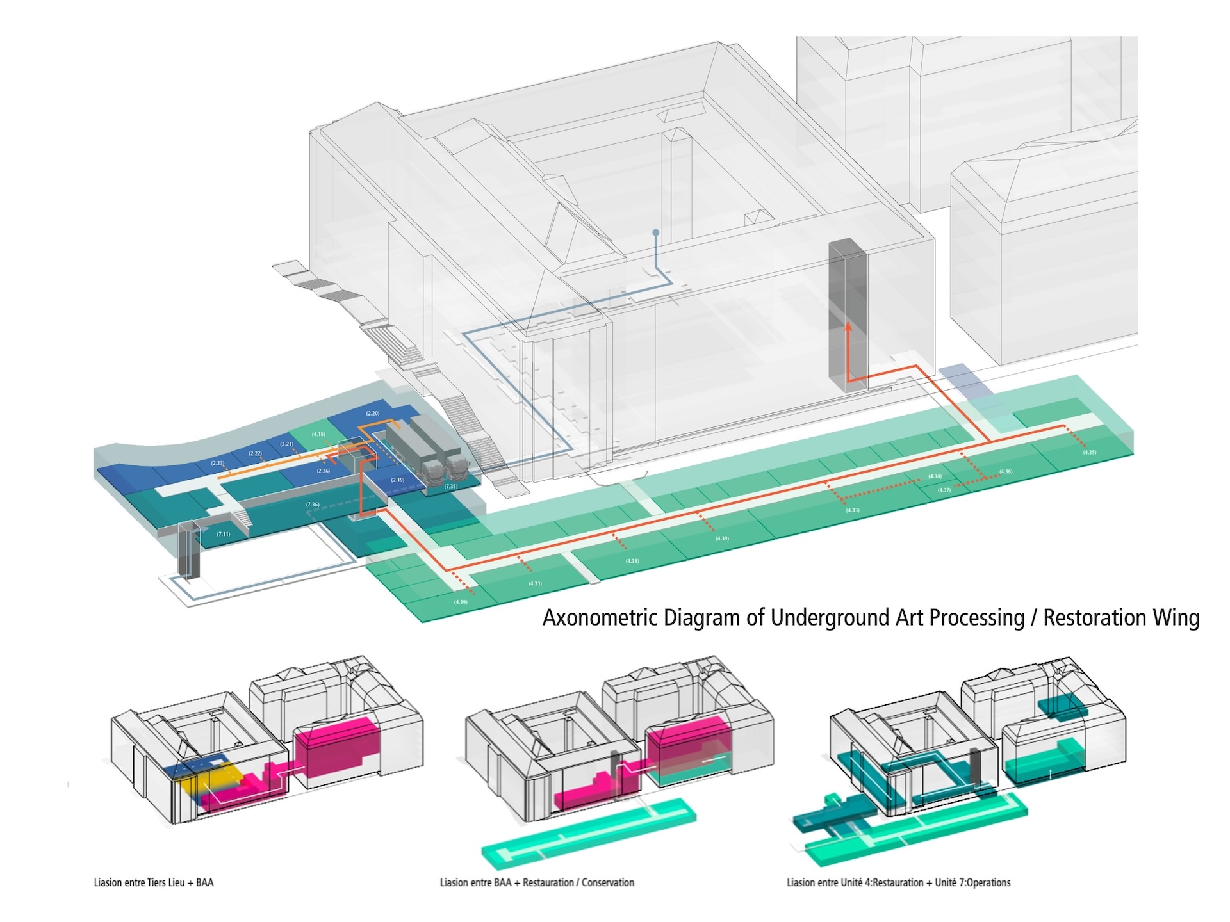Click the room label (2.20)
coord(373,414)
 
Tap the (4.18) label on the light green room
coord(318,434)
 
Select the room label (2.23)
coord(218,463)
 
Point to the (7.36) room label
coord(313,505)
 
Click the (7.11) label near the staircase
coord(223,534)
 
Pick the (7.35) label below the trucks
coord(451,487)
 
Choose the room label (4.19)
coord(461,602)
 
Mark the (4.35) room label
coord(1090,453)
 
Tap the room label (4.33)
coord(853,510)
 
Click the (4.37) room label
coord(944,490)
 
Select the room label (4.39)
coord(722,538)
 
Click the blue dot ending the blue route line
coord(655,233)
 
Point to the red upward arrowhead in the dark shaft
coord(848,326)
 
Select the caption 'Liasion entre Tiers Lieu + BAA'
coord(154,882)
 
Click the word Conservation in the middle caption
coord(607,882)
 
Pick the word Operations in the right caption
coord(988,882)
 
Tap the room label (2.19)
coord(398,480)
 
